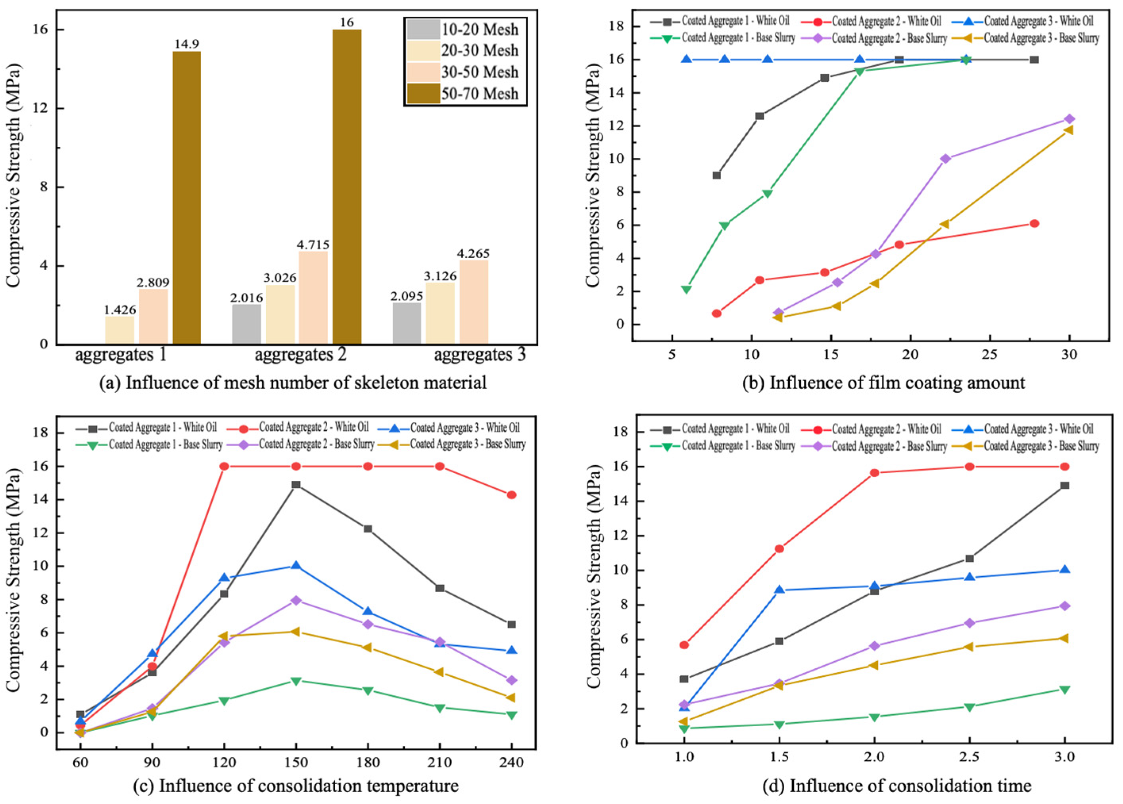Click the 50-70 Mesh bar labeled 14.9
pos(187,198)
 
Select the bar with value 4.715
pos(313,297)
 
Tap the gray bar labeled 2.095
pos(407,323)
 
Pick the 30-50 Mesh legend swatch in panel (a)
pos(423,72)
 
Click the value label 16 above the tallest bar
pos(347,22)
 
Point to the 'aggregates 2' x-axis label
pos(301,355)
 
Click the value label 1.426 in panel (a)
pos(119,310)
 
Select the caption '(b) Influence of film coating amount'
pos(883,383)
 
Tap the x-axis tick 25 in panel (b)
pos(989,355)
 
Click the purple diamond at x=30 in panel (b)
pos(1069,119)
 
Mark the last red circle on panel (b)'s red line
pos(1034,224)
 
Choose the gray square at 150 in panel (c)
pos(296,485)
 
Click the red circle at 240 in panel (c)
pos(511,495)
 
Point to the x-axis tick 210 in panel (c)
pos(440,762)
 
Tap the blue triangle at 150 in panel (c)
pos(296,565)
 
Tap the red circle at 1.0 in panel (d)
pos(684,645)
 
